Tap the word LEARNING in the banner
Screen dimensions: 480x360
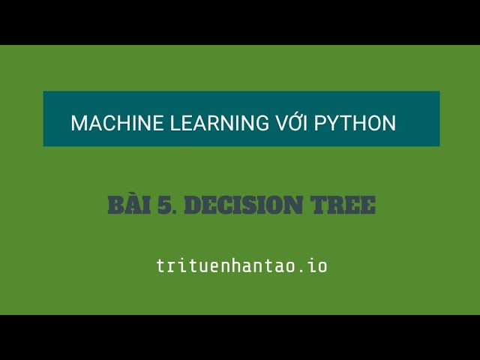pos(219,123)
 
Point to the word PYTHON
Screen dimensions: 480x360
pos(355,123)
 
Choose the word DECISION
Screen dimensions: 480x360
pos(244,205)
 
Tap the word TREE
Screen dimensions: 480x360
pos(343,205)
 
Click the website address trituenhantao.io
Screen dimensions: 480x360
pos(241,265)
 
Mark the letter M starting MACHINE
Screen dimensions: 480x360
pos(79,123)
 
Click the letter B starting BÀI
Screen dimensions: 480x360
pos(116,205)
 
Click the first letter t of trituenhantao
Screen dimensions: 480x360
pos(160,266)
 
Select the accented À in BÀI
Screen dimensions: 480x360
pos(134,203)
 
